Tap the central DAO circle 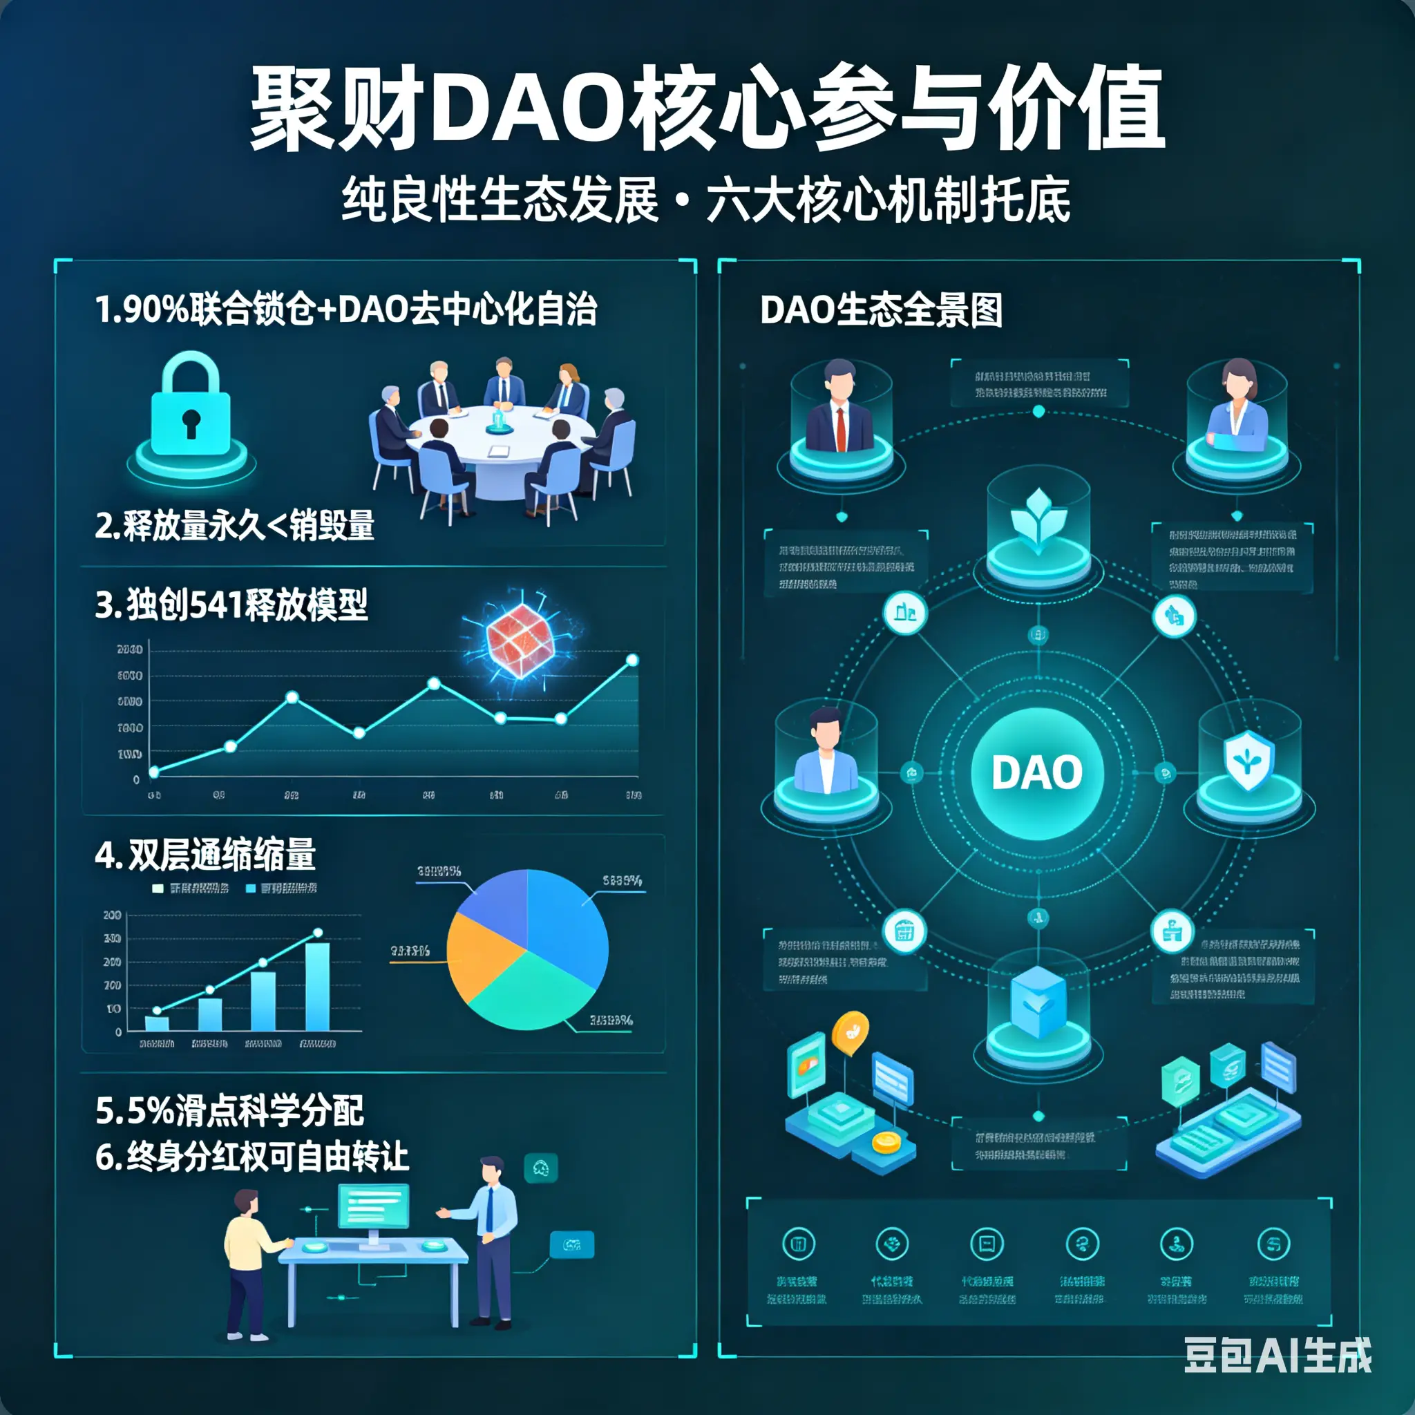1037,772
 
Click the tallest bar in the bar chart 317,986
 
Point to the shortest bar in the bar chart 157,1023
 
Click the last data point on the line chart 633,661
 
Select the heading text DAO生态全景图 881,310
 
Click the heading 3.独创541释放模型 231,605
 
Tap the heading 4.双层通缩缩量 206,855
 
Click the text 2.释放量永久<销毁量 235,525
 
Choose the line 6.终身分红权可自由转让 252,1157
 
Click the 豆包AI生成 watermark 1278,1355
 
